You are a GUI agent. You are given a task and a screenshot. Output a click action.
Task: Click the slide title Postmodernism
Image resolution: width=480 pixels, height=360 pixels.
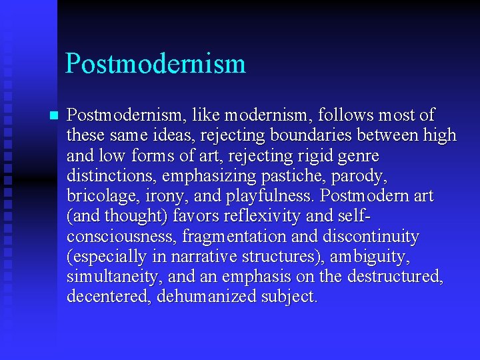coord(155,64)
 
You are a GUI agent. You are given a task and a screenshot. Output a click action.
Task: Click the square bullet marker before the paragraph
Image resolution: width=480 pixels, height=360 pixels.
coord(54,115)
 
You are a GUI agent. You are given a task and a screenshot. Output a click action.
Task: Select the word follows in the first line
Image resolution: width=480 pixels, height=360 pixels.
coord(331,115)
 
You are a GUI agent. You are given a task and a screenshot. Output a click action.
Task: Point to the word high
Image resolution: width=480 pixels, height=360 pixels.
coord(440,135)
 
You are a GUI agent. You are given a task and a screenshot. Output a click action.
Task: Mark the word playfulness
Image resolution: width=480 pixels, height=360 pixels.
coord(263,197)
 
